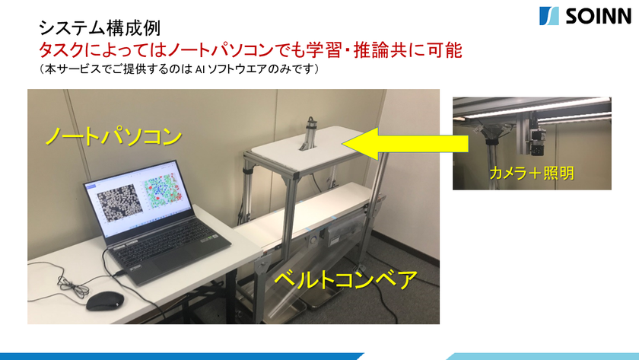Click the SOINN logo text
point(598,16)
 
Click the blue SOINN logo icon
point(549,16)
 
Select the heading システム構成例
point(100,28)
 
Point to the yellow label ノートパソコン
point(113,136)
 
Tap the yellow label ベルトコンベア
point(346,279)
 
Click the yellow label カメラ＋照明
point(532,174)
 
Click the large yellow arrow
point(405,144)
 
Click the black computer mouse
point(105,301)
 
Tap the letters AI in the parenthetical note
point(199,69)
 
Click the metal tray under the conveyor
point(285,309)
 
